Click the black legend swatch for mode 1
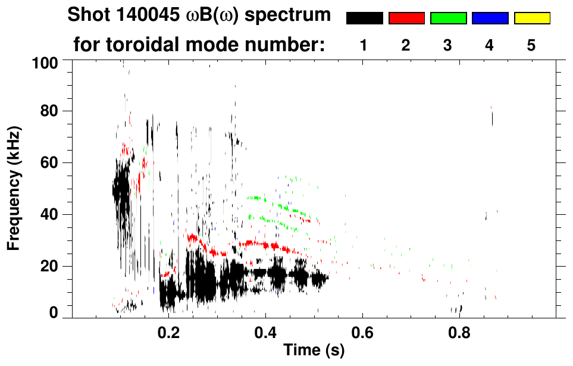click(364, 18)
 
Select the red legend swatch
click(406, 18)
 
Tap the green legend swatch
click(448, 18)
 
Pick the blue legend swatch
click(490, 18)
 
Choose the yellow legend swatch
click(531, 18)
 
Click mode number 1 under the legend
click(364, 46)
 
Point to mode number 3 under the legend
click(447, 46)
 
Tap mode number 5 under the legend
click(531, 46)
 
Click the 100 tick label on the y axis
click(45, 62)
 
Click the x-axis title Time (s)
click(313, 351)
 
